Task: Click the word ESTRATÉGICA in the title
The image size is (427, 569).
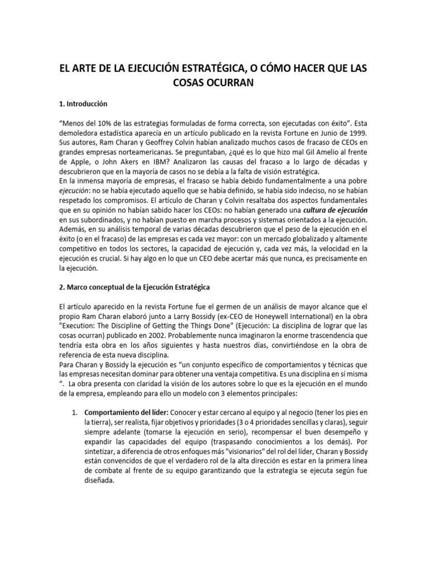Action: (202, 67)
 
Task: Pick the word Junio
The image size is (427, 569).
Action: (321, 133)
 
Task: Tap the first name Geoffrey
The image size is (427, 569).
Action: (157, 143)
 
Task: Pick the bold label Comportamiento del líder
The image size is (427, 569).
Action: (127, 413)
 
